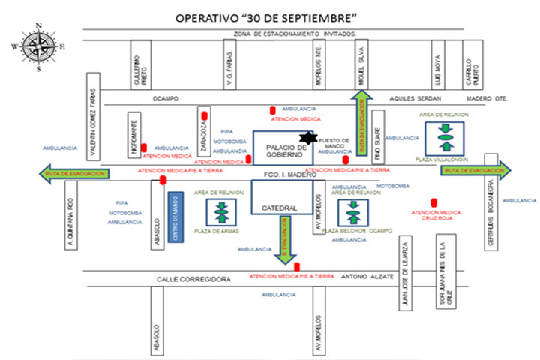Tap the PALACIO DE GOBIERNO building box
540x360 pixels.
[x=281, y=148]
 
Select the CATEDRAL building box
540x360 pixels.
[x=279, y=208]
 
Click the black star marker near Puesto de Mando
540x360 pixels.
[x=306, y=139]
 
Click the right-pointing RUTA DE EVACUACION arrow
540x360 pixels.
[x=475, y=171]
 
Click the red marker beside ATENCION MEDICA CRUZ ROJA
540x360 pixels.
[x=434, y=202]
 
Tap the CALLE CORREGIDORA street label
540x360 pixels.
[x=193, y=278]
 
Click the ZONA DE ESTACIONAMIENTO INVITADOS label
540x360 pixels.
[x=295, y=34]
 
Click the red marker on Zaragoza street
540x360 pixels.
[x=204, y=115]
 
